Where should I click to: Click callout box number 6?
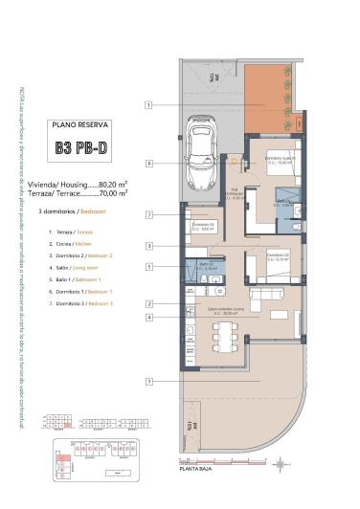[x=149, y=164]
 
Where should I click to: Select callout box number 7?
[x=149, y=215]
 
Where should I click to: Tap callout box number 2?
[x=149, y=304]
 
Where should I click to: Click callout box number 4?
[x=149, y=317]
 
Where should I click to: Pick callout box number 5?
[x=149, y=267]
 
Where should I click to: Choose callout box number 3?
[x=149, y=246]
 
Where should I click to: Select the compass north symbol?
[x=279, y=463]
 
